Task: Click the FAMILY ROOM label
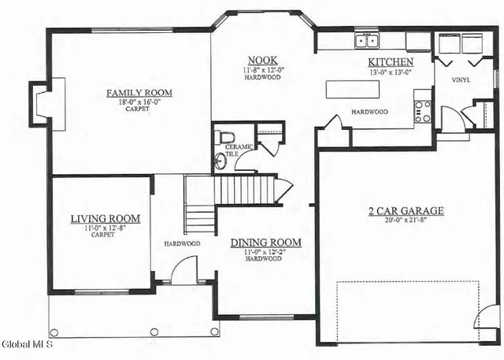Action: (x=139, y=93)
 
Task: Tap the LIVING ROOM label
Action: (x=105, y=218)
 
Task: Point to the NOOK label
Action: (x=262, y=61)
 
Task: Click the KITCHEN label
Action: (x=390, y=62)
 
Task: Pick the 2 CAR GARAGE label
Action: (x=406, y=211)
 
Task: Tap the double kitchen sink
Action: (x=365, y=41)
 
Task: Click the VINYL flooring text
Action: (x=461, y=80)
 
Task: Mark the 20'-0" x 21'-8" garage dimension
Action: (x=406, y=221)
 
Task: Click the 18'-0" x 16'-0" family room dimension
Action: (x=139, y=102)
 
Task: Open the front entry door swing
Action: (x=184, y=272)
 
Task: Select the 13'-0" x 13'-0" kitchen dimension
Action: (x=390, y=72)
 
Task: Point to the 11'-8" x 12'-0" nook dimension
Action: (x=262, y=70)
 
